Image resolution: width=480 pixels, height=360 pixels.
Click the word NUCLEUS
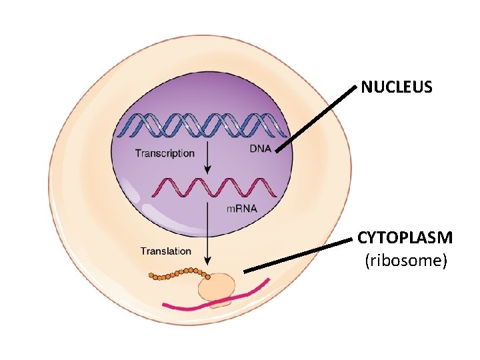click(397, 87)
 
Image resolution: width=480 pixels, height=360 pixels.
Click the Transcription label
click(165, 153)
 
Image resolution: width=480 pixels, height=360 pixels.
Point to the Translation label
click(165, 251)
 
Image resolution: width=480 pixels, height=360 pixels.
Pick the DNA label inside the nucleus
click(260, 148)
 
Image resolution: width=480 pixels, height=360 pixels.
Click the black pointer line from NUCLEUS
click(317, 117)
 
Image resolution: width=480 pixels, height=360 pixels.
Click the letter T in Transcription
click(138, 153)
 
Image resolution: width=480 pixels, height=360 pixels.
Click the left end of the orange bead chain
click(151, 275)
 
